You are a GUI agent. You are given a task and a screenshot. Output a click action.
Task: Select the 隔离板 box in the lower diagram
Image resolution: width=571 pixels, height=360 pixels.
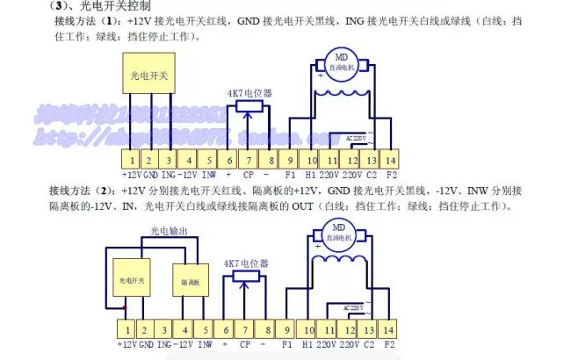[192, 282]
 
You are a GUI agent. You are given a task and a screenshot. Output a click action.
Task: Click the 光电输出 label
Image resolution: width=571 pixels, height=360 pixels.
[170, 232]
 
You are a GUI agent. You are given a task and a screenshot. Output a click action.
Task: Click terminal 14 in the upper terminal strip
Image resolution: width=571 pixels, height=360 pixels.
[391, 160]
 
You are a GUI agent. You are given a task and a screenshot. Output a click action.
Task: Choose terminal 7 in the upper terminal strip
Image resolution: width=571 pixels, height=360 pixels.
[248, 160]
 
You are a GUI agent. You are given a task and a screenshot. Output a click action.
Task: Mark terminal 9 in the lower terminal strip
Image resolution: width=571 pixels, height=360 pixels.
[286, 329]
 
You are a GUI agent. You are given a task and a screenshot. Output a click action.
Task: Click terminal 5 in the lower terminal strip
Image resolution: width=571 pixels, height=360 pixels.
[206, 329]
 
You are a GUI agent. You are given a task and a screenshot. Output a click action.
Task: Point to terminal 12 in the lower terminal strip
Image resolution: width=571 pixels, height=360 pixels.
[351, 329]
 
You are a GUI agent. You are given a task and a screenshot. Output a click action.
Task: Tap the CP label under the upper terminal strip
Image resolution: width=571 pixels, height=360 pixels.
[248, 175]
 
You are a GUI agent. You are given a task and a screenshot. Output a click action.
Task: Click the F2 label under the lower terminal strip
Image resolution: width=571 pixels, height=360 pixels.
[391, 344]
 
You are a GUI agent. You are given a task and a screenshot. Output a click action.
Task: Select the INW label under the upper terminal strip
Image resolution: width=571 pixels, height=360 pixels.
[207, 175]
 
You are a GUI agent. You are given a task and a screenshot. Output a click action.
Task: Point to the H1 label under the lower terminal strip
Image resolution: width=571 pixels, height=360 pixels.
[308, 344]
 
